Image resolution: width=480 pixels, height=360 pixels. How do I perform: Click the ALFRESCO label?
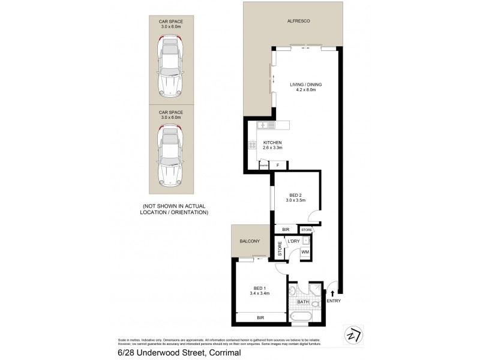pos(298,20)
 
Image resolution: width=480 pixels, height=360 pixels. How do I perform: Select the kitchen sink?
pos(264,125)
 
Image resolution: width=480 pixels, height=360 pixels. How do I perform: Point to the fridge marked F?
pos(277,165)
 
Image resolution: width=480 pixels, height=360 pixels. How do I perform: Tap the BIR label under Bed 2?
pos(286,229)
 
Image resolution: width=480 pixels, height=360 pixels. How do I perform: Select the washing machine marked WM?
pos(305,252)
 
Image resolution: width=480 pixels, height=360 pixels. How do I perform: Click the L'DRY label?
pos(293,241)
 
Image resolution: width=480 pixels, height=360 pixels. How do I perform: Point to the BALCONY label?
pos(249,241)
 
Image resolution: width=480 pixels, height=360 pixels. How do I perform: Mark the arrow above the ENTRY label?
pos(332,292)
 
